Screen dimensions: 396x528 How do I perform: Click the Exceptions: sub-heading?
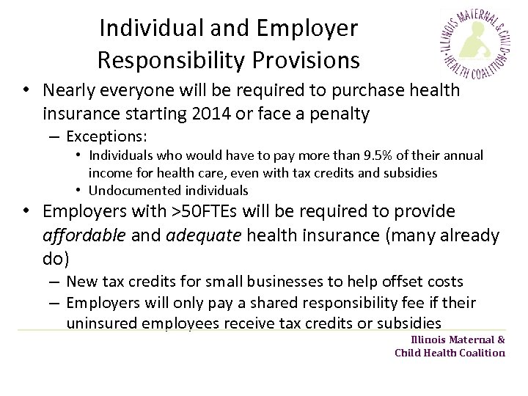tap(107, 136)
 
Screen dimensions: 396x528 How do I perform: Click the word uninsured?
tap(102, 323)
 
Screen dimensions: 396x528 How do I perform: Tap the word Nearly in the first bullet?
tap(70, 90)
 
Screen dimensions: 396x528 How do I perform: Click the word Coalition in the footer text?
tap(482, 353)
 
